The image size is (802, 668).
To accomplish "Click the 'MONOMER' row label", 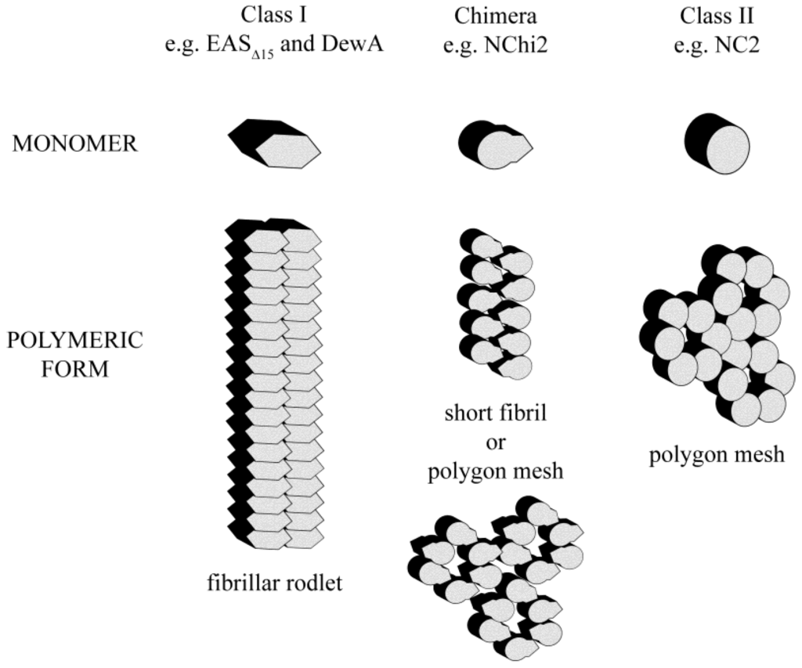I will tap(76, 144).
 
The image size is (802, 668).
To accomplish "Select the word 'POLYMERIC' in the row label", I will tap(76, 341).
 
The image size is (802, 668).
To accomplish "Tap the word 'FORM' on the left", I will tap(76, 368).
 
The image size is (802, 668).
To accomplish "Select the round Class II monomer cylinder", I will tap(717, 143).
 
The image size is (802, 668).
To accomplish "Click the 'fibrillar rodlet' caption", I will tap(276, 583).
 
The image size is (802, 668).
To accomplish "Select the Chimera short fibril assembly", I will tap(495, 302).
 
